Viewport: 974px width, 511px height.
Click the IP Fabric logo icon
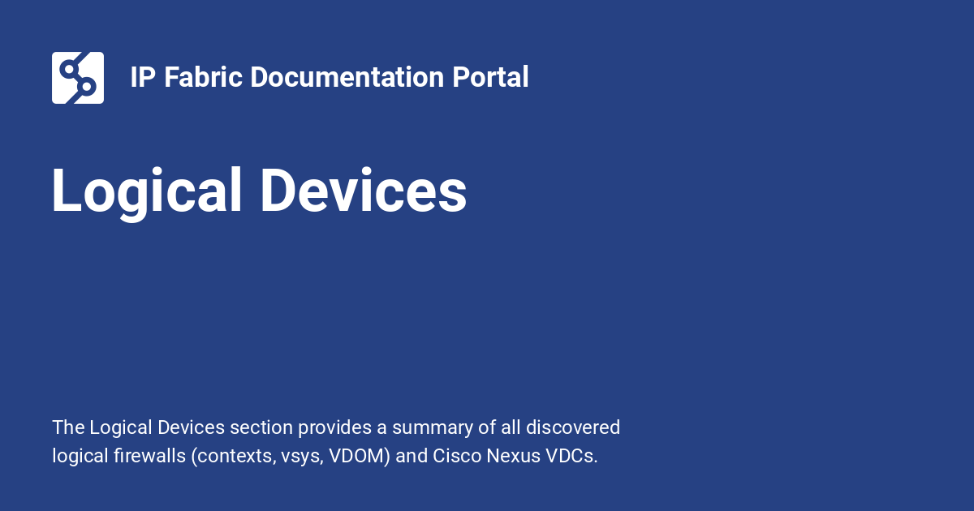click(78, 78)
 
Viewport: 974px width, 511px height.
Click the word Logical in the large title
click(147, 192)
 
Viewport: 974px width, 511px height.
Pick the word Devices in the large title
click(363, 191)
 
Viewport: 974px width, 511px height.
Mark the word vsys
click(300, 456)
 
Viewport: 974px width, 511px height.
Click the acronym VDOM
click(360, 456)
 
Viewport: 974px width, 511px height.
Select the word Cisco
click(457, 456)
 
